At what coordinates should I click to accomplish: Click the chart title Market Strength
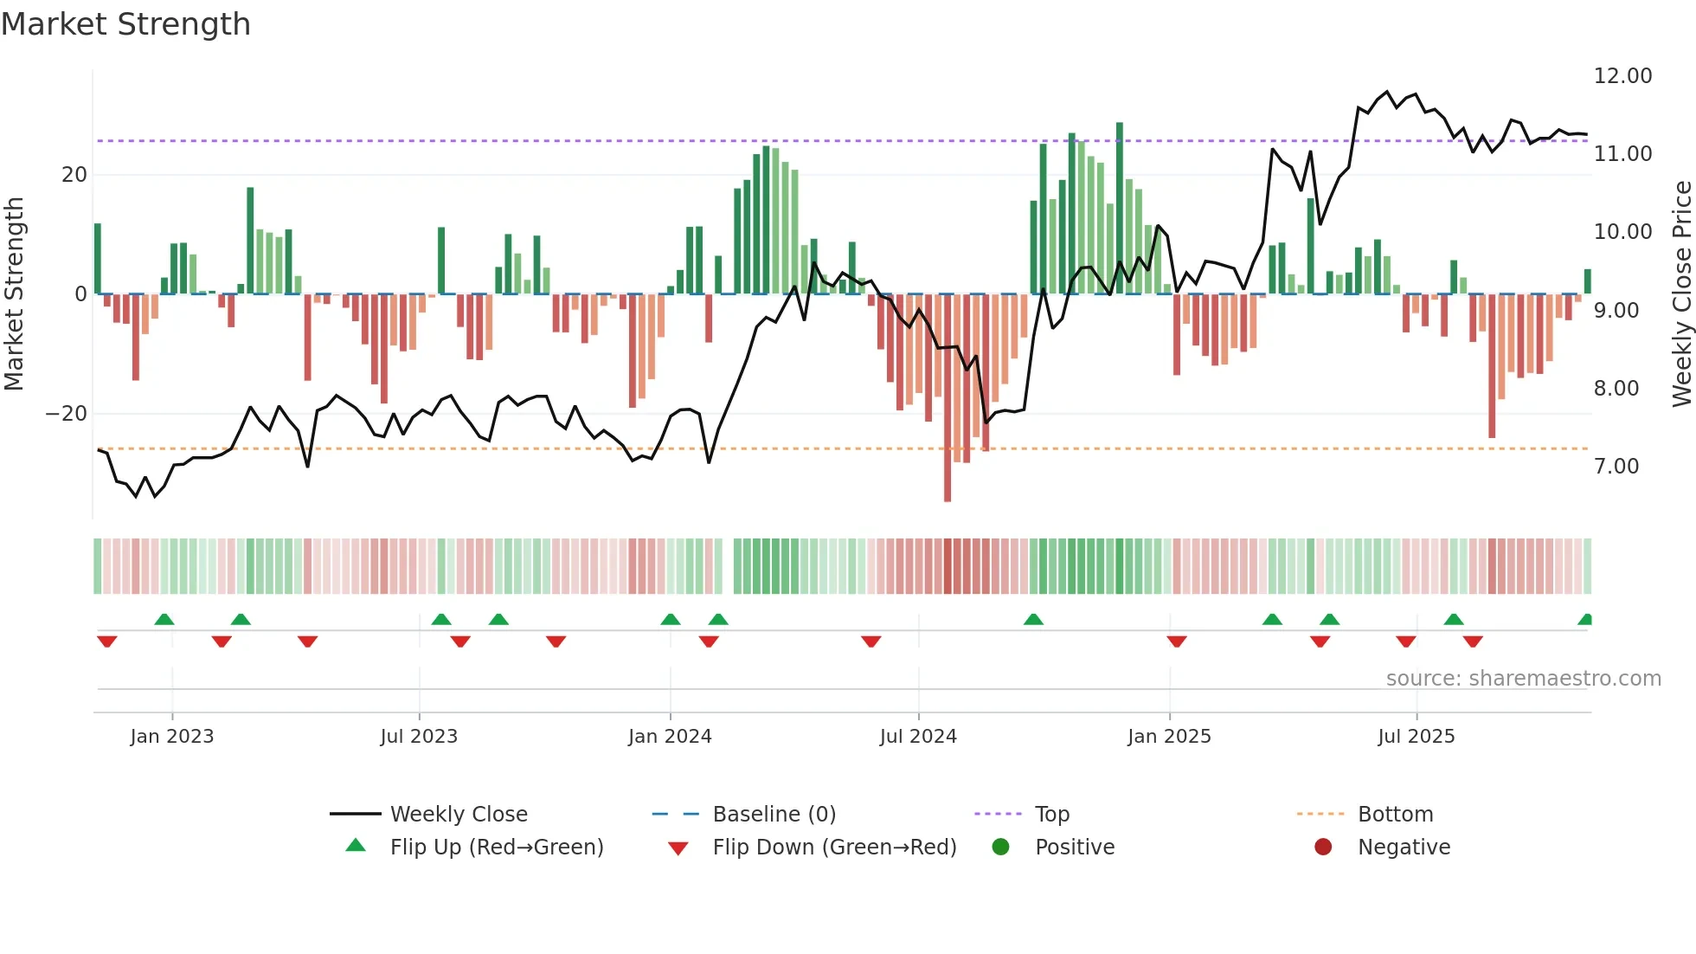[x=125, y=24]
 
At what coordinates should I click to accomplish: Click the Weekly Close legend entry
[x=458, y=814]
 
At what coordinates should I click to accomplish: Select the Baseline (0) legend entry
[x=774, y=814]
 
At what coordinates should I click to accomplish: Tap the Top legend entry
[x=1051, y=814]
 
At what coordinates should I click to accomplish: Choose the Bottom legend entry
[x=1395, y=814]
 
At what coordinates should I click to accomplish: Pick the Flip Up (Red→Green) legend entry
[x=496, y=847]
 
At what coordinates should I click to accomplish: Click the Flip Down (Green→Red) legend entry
[x=834, y=847]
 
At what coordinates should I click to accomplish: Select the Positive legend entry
[x=1074, y=847]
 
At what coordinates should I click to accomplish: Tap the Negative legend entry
[x=1403, y=847]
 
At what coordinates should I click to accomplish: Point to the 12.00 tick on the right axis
[x=1622, y=76]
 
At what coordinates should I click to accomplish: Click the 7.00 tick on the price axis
[x=1616, y=467]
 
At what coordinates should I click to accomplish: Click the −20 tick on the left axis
[x=67, y=414]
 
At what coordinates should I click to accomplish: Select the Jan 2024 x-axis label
[x=670, y=737]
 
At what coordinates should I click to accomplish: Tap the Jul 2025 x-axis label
[x=1416, y=737]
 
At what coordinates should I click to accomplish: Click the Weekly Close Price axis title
[x=1681, y=294]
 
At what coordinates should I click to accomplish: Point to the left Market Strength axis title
[x=14, y=294]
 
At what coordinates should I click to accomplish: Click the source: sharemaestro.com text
[x=1523, y=679]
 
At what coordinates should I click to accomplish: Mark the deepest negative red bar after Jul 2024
[x=948, y=398]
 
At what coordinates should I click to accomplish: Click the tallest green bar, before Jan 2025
[x=1120, y=208]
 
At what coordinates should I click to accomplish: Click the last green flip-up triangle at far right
[x=1585, y=620]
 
